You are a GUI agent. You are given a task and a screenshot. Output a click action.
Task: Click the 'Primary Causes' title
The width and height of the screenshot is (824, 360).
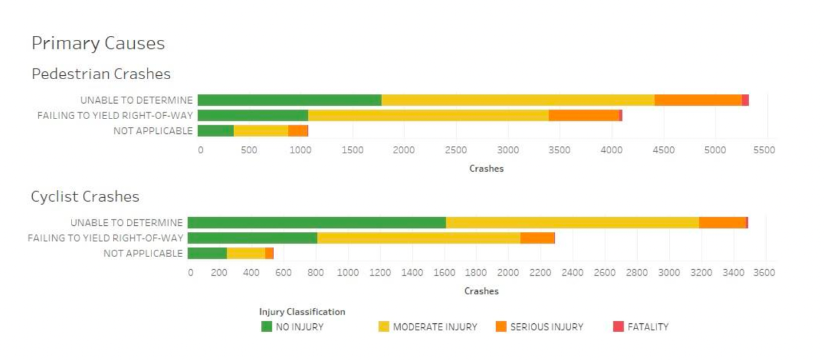[x=98, y=43]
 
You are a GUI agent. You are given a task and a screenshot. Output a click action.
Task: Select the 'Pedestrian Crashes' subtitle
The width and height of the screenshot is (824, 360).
[x=101, y=74]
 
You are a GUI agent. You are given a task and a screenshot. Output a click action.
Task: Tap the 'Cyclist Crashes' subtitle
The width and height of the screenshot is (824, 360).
[x=85, y=196]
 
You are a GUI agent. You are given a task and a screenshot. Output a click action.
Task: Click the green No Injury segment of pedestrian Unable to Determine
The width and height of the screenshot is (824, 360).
[x=289, y=100]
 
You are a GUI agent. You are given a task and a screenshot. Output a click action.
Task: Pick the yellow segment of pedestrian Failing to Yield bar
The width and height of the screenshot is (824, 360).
[x=428, y=115]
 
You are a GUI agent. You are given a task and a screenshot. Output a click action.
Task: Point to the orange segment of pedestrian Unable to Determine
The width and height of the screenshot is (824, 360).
[x=698, y=100]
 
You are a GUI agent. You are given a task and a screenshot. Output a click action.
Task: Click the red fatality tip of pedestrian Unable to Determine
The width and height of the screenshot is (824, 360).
[x=745, y=100]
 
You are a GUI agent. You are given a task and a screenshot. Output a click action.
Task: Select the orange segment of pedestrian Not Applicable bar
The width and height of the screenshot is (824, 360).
[x=298, y=131]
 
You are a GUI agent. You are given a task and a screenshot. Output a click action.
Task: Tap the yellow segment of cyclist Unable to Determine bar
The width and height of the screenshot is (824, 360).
[x=572, y=223]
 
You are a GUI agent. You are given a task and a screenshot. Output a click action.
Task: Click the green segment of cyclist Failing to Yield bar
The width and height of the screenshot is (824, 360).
[x=252, y=238]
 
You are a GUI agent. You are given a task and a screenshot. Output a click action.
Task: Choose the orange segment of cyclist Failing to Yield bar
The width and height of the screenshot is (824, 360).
[x=537, y=238]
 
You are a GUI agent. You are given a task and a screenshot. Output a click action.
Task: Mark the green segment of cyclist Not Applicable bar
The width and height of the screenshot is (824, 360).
[x=207, y=254]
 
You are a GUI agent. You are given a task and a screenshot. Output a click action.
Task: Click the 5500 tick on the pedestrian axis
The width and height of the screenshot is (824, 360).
[x=764, y=150]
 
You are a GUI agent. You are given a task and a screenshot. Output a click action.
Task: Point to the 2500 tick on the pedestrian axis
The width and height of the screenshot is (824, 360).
[x=455, y=150]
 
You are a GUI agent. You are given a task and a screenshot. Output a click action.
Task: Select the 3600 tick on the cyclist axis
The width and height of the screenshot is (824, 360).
[x=764, y=272]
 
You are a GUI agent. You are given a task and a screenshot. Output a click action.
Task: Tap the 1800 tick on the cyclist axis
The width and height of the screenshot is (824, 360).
[x=475, y=272]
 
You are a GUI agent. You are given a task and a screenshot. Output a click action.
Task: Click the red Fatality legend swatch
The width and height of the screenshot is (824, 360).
[x=617, y=327]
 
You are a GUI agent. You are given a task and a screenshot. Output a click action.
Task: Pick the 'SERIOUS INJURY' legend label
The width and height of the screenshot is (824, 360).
[x=546, y=327]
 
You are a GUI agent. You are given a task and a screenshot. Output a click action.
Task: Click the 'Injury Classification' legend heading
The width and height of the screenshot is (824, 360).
[x=302, y=312]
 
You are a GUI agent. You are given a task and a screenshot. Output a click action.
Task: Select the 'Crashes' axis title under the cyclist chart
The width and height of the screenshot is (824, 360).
[x=481, y=291]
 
